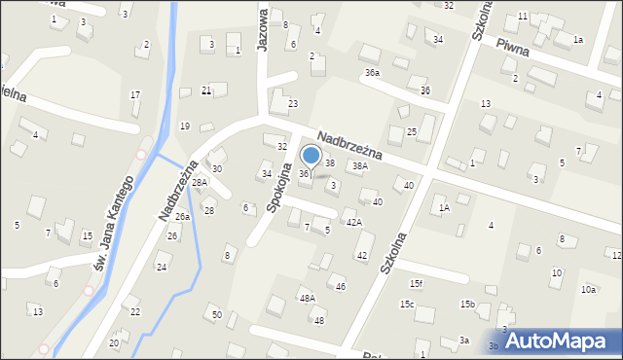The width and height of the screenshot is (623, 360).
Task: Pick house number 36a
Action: [372, 73]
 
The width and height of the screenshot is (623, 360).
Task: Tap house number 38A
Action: [360, 166]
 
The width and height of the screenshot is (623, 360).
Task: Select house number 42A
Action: [354, 223]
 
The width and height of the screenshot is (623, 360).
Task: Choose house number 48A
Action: [308, 298]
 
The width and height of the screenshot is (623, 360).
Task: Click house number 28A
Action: [200, 183]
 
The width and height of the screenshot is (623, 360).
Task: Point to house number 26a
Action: [182, 216]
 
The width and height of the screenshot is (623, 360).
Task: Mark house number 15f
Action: [417, 283]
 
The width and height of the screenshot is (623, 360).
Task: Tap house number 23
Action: [292, 103]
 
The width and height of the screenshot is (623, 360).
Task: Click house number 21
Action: [206, 90]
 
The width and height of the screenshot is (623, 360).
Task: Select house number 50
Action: [217, 314]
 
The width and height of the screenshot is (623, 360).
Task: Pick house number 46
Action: [341, 286]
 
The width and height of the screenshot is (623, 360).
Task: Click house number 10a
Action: [589, 290]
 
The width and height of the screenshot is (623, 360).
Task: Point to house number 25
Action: [412, 131]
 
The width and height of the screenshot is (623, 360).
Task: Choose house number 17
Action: [135, 94]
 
